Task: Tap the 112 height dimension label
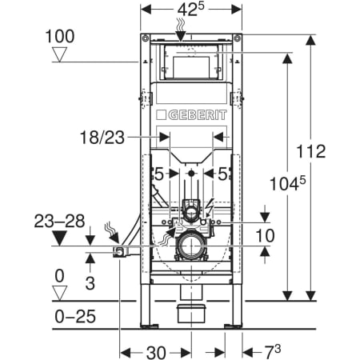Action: (311, 151)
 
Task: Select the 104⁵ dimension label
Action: (287, 183)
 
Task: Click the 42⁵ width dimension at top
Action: (191, 10)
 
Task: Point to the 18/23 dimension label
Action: (102, 138)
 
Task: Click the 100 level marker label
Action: (60, 36)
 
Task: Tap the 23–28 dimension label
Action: (59, 221)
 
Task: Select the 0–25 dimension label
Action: (75, 317)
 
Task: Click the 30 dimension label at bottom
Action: (156, 353)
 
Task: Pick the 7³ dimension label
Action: (272, 351)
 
